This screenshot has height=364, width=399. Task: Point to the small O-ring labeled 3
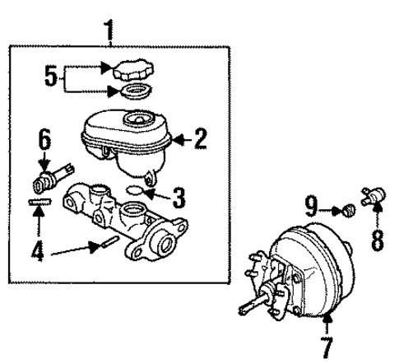point(139,194)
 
